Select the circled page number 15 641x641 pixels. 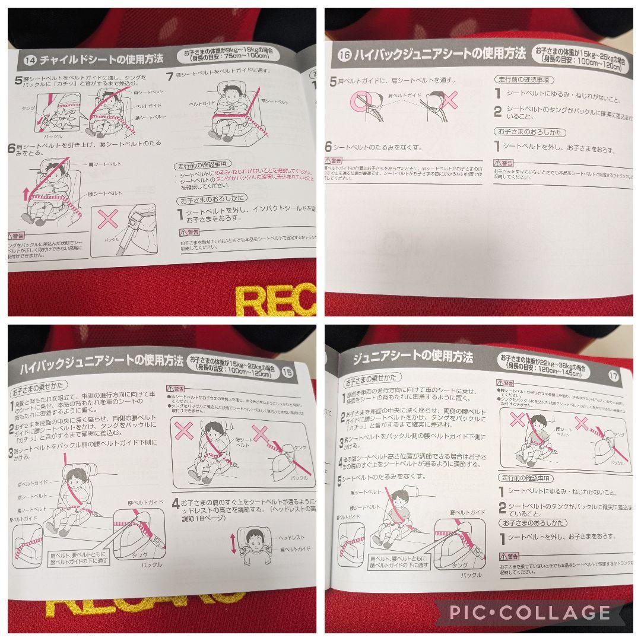(x=287, y=373)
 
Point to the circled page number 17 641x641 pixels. (x=613, y=375)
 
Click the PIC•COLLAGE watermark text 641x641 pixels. (x=529, y=612)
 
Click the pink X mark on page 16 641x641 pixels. (x=448, y=99)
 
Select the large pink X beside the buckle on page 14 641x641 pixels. (x=109, y=218)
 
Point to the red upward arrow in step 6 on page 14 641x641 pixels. (x=26, y=193)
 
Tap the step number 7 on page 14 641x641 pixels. (x=170, y=77)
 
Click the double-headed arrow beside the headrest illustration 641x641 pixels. (x=233, y=542)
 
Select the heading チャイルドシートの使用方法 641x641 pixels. (x=101, y=59)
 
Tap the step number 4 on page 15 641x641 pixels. (x=176, y=504)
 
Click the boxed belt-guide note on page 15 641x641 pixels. (x=79, y=558)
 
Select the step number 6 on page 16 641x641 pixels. (x=328, y=147)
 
